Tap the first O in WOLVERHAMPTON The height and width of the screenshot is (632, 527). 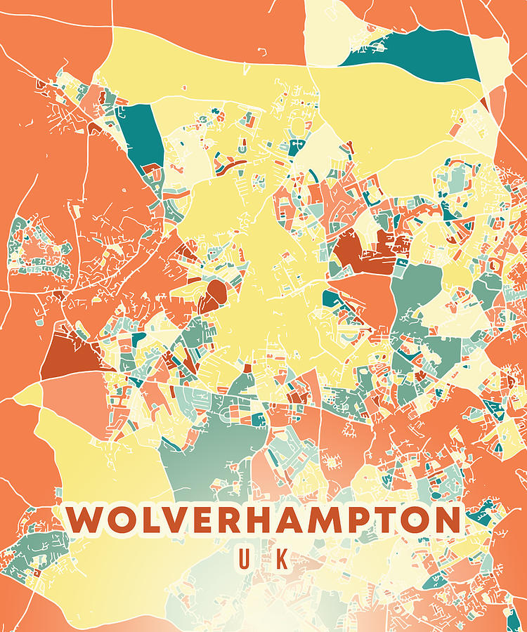pos(123,520)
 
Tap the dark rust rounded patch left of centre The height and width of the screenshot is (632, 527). pos(214,294)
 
